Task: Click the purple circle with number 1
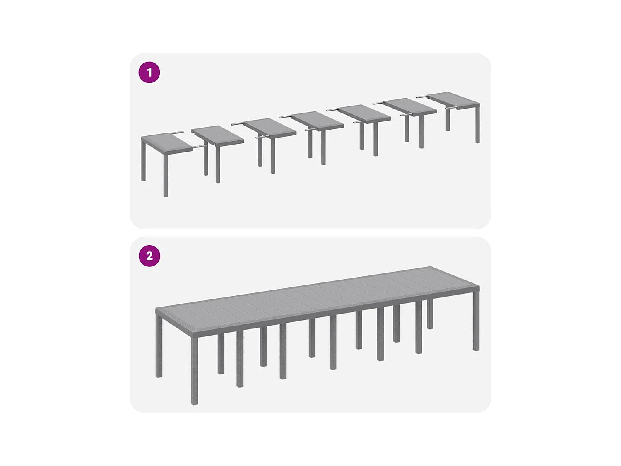[149, 72]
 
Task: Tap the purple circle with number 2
[149, 256]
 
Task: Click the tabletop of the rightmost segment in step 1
[454, 99]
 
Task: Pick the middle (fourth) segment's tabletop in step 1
[317, 120]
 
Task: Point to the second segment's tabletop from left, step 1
[218, 135]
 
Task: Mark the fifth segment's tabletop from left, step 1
[364, 112]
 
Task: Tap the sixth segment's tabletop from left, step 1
[410, 106]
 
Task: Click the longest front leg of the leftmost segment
[166, 174]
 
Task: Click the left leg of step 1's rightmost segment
[448, 120]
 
